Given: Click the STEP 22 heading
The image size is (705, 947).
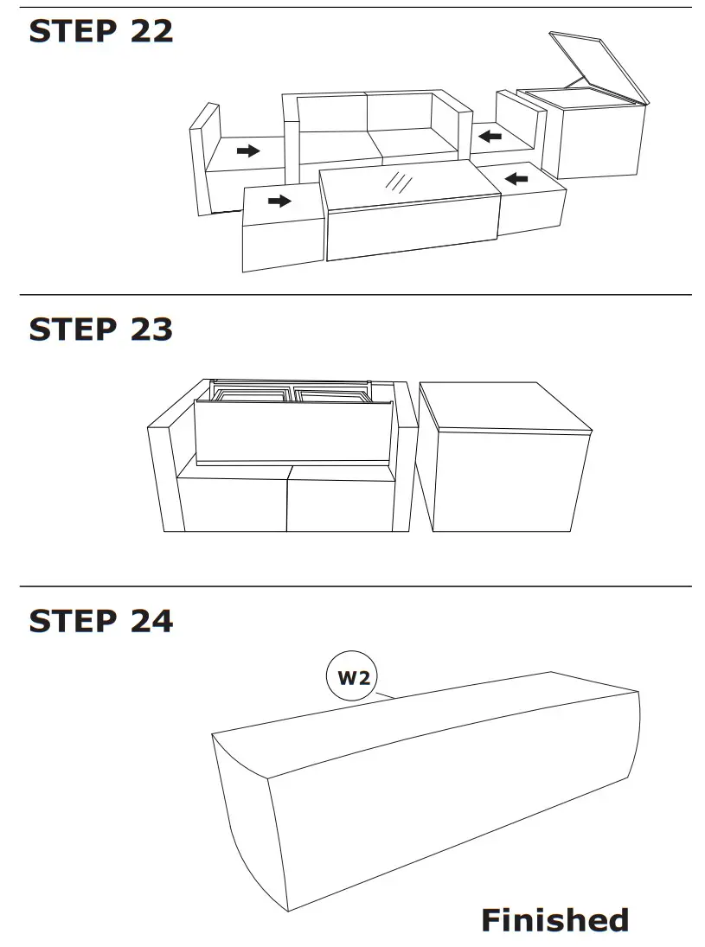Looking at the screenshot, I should [101, 31].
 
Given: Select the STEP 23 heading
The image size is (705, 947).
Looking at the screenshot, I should [101, 330].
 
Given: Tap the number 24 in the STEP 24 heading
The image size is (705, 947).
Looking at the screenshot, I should [151, 621].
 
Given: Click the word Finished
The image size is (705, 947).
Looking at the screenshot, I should [554, 919].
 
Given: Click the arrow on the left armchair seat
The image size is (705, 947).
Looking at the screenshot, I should [248, 151].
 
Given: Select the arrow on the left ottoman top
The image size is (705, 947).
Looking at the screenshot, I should [279, 202].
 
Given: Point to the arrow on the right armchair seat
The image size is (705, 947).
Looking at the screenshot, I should [490, 136].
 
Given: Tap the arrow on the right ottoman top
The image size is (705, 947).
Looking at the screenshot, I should [516, 179].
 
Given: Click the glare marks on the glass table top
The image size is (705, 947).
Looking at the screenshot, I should [399, 182].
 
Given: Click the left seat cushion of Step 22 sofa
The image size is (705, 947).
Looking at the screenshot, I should [336, 145].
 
